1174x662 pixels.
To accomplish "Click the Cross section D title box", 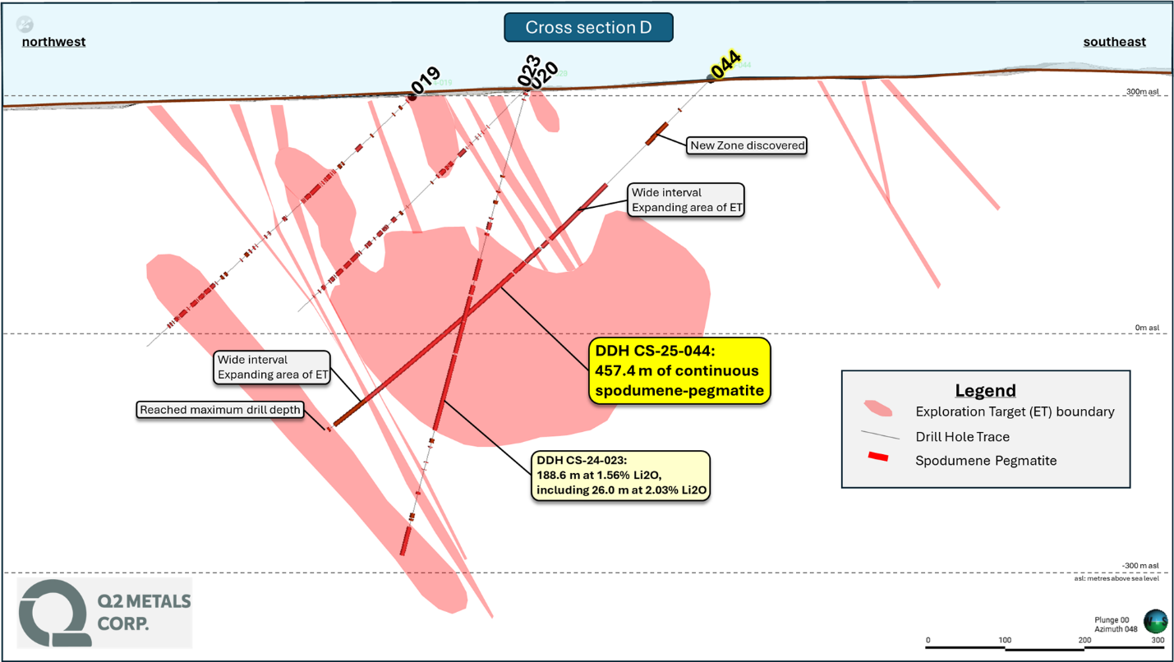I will click(x=588, y=28).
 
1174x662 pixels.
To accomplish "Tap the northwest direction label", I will click(x=53, y=42).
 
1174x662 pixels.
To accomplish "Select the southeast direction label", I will click(x=1114, y=42).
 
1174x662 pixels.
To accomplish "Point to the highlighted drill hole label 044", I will click(x=725, y=64).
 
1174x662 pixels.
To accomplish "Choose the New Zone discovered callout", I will click(x=747, y=145).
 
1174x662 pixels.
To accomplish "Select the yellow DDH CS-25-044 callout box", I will click(x=679, y=370).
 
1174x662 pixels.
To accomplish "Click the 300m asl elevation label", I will click(x=1143, y=92).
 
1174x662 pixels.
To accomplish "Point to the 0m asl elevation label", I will click(x=1147, y=328).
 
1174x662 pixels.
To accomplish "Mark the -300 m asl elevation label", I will click(x=1140, y=566).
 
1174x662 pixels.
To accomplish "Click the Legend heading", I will click(x=985, y=390).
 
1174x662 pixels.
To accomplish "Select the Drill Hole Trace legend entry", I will click(x=962, y=437).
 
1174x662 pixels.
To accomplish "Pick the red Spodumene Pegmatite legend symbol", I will click(x=878, y=457).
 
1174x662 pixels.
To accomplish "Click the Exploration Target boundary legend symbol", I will click(x=878, y=408).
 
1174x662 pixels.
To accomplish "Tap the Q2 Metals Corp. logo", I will click(x=104, y=613).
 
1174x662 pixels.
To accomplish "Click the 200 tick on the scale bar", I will click(x=1084, y=640).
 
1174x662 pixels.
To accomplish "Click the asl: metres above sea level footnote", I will click(x=1116, y=579).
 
